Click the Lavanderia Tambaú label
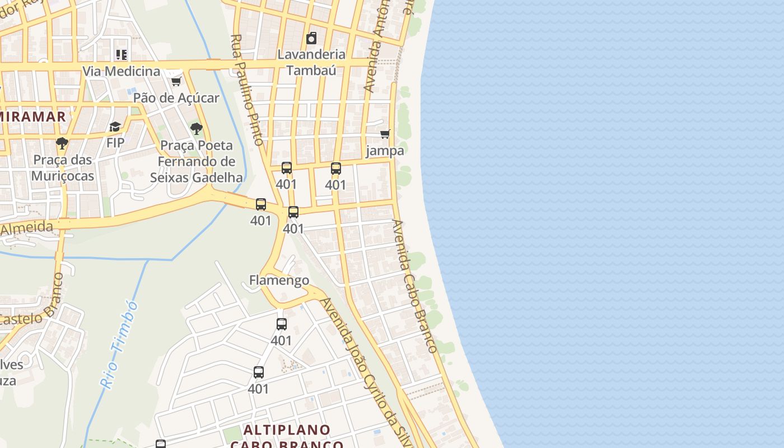point(311,62)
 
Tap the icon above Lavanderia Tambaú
point(311,38)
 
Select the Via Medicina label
point(122,71)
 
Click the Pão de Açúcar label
point(176,97)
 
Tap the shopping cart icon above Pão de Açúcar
point(176,82)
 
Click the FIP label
point(115,143)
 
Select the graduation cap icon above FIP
point(115,127)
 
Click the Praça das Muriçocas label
point(63,168)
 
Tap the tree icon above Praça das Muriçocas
point(62,143)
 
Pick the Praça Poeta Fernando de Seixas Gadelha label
point(197,162)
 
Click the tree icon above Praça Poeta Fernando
point(196,129)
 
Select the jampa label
point(385,151)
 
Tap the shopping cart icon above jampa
point(385,134)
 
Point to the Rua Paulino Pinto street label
point(247,90)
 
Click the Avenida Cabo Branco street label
point(414,286)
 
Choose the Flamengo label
point(279,280)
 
